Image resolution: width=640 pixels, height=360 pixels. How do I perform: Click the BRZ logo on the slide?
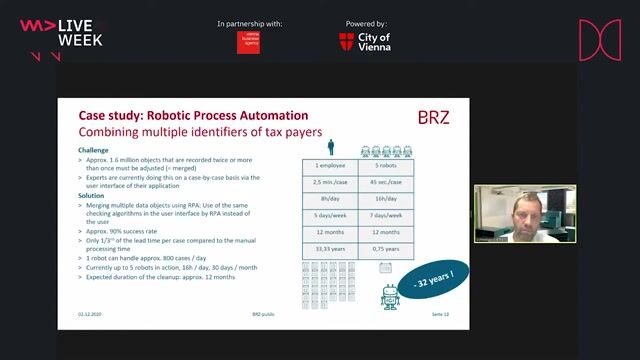433,117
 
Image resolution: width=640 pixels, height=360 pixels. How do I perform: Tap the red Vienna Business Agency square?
248,42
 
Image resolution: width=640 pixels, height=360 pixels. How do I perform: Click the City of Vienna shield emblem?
347,42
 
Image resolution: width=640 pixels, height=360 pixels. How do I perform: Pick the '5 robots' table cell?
385,164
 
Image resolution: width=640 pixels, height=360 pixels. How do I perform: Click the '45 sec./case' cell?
385,182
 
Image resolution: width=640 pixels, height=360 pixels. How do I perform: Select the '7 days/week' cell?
385,216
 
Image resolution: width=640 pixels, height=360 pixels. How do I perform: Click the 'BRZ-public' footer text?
262,313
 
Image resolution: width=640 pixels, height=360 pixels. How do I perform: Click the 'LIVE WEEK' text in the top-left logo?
80,32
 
